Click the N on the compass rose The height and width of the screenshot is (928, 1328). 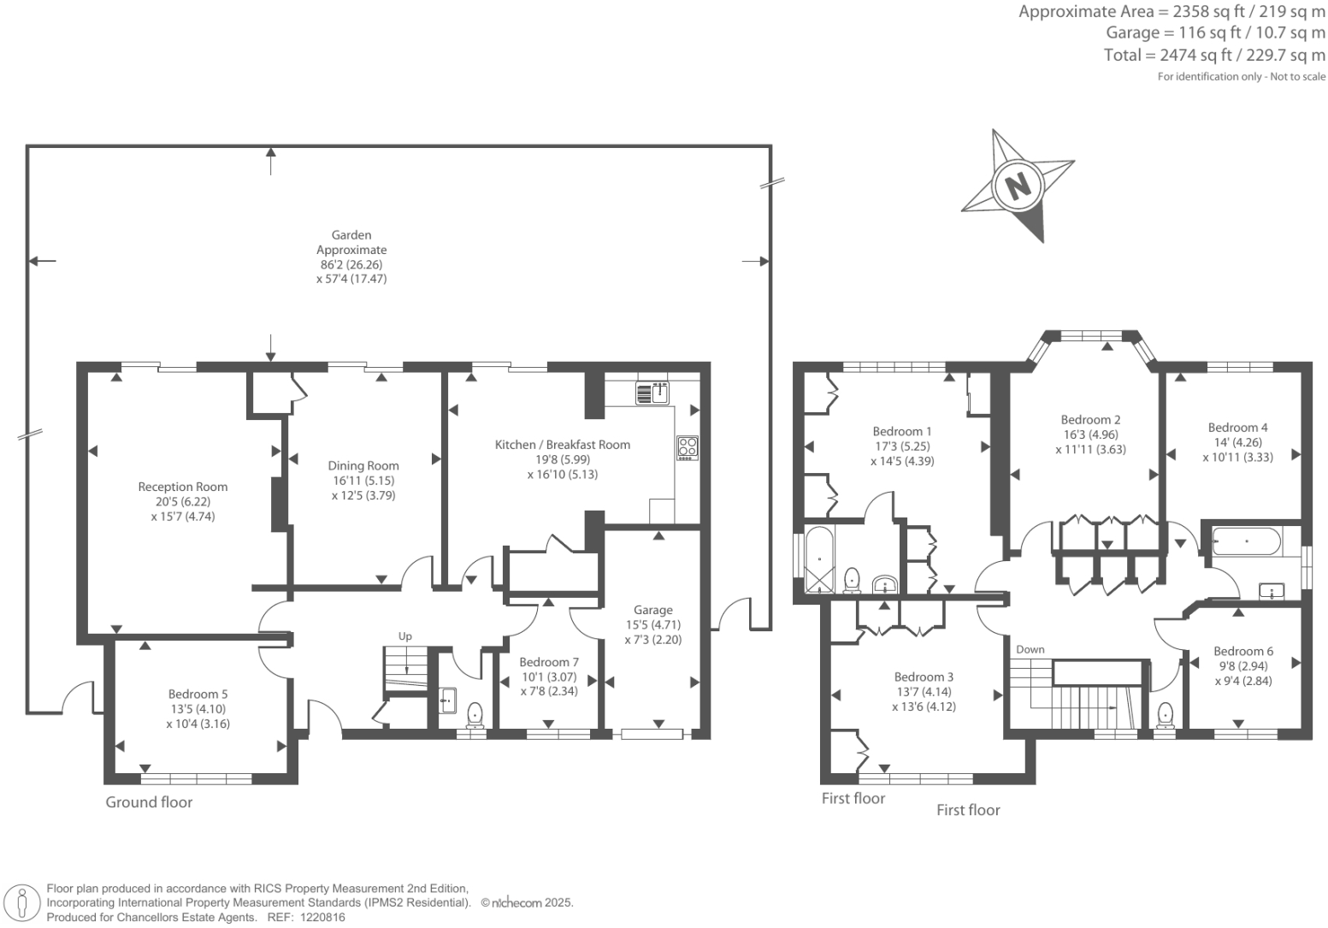tap(1018, 186)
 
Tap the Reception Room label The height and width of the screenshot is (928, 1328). tap(183, 487)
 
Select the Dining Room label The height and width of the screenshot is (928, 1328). tap(363, 466)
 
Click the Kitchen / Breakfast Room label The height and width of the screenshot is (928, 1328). tap(562, 445)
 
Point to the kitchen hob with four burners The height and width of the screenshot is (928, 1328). tap(687, 447)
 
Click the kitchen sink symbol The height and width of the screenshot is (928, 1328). tap(652, 393)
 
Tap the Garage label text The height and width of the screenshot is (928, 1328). tap(652, 610)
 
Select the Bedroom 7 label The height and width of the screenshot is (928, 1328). tap(549, 662)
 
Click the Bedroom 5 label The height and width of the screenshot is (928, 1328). tap(198, 694)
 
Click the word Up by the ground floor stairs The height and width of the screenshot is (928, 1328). tap(405, 636)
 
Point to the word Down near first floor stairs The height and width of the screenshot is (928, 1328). tap(1030, 649)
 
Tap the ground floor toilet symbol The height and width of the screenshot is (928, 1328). tap(475, 713)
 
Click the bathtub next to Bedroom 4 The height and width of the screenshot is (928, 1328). tap(1246, 541)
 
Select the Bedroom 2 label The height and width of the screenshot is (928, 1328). tap(1090, 420)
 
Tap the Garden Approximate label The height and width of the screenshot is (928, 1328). tap(351, 242)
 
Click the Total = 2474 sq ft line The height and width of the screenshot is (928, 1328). tap(1214, 56)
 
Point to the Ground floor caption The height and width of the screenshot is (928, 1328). tap(149, 801)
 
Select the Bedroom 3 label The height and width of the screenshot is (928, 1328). tap(924, 677)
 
